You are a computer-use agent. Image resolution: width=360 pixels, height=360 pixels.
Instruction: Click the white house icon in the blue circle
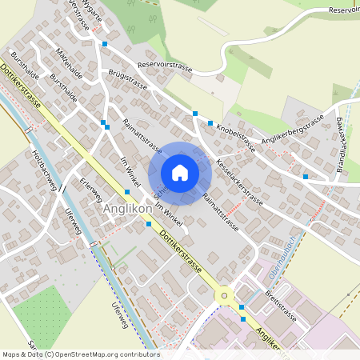click(x=180, y=173)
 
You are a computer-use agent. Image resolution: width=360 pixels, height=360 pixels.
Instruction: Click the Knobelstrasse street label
click(x=237, y=137)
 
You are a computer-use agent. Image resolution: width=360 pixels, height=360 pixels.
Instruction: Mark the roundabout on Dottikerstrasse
click(x=223, y=294)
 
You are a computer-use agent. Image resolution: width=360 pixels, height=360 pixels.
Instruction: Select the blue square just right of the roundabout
click(x=241, y=306)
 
